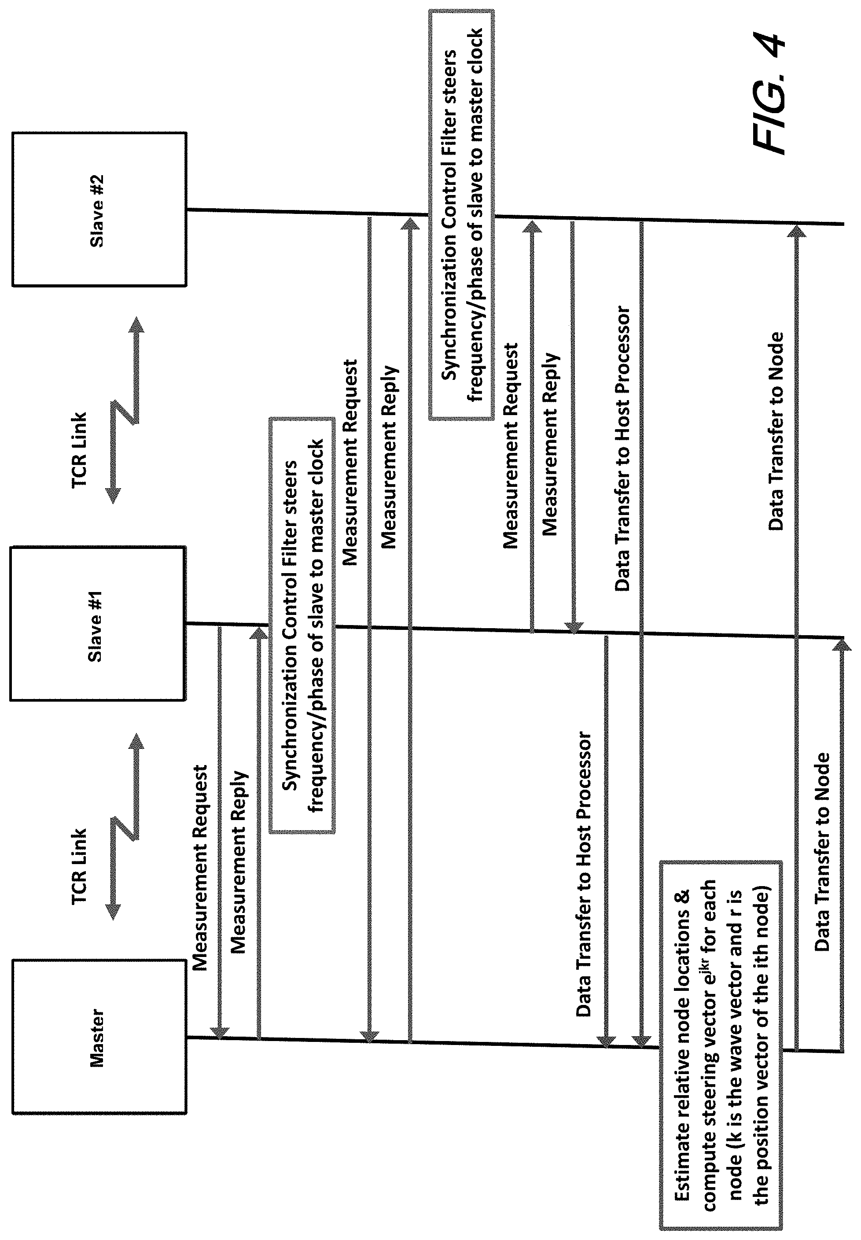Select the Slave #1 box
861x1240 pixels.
click(98, 623)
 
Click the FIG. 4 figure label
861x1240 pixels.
click(768, 94)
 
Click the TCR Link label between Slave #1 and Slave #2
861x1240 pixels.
click(79, 450)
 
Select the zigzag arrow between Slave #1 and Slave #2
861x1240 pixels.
click(124, 410)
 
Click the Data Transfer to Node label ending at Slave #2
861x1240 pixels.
click(775, 431)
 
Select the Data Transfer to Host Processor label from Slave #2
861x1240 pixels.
click(622, 449)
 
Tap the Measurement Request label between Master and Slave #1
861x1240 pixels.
click(200, 868)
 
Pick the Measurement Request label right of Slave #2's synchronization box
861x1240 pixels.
click(510, 445)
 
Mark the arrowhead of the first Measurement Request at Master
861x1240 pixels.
click(220, 1032)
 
